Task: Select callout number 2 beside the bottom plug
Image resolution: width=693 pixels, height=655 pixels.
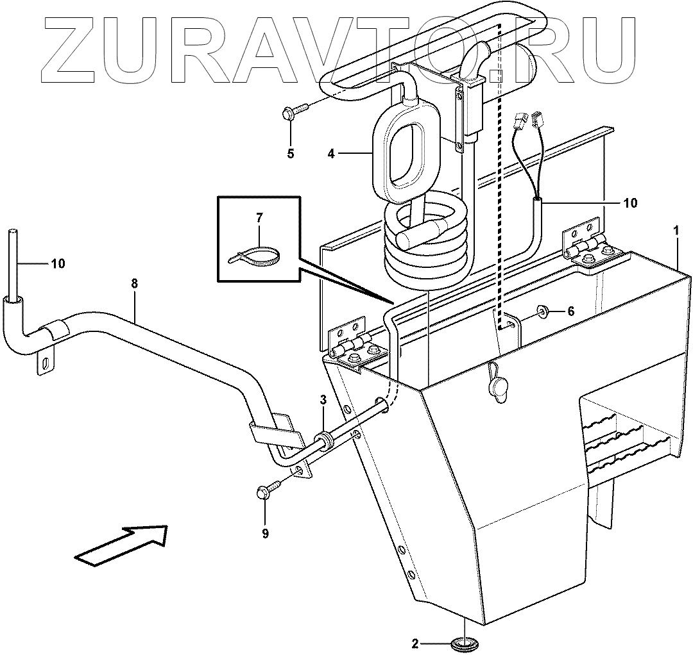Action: click(x=416, y=643)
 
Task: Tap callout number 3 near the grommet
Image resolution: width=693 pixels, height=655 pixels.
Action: click(x=323, y=400)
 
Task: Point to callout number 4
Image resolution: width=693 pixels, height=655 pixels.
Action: click(x=330, y=153)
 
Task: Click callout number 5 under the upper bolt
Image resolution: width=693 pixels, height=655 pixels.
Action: click(x=291, y=154)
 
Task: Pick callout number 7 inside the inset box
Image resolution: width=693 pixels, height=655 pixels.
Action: click(x=259, y=218)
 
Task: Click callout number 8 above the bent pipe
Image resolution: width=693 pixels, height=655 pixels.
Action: click(x=133, y=282)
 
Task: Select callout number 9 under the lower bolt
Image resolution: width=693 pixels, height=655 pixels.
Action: click(x=265, y=533)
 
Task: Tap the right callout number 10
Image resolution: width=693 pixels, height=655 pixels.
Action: click(x=630, y=203)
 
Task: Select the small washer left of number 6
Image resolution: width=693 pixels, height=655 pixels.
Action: click(x=542, y=311)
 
